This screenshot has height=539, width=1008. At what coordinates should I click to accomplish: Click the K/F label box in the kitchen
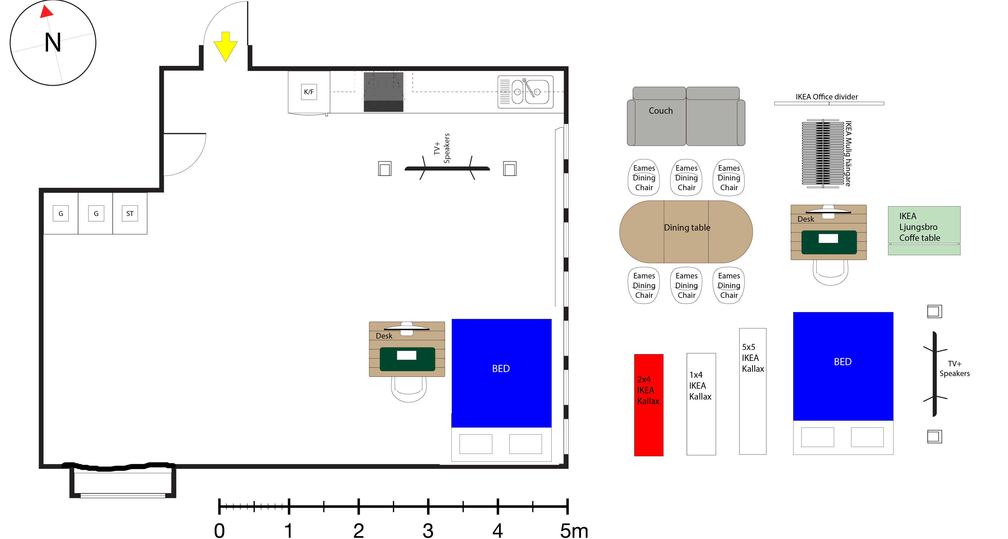pyautogui.click(x=309, y=92)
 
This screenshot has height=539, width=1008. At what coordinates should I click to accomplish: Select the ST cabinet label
pyautogui.click(x=129, y=214)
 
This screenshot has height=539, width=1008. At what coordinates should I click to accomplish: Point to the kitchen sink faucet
pyautogui.click(x=528, y=88)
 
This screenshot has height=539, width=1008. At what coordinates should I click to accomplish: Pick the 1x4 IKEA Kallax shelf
pyautogui.click(x=701, y=404)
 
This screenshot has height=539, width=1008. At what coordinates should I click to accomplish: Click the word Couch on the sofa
pyautogui.click(x=660, y=111)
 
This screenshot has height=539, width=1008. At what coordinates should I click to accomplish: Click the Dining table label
pyautogui.click(x=687, y=227)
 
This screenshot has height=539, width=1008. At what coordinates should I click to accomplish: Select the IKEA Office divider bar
pyautogui.click(x=829, y=103)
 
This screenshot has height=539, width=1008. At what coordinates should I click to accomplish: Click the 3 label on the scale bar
pyautogui.click(x=428, y=531)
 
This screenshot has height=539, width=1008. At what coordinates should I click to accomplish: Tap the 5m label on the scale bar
pyautogui.click(x=574, y=531)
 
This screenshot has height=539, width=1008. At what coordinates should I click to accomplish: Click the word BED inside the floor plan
pyautogui.click(x=501, y=369)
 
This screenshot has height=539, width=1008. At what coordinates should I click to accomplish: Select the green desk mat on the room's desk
pyautogui.click(x=407, y=359)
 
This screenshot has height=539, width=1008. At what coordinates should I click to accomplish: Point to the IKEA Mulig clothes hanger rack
pyautogui.click(x=822, y=154)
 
